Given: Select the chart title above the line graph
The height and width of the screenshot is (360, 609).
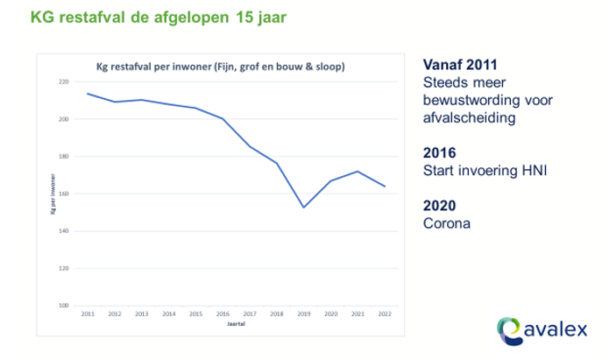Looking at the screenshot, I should tap(219, 67).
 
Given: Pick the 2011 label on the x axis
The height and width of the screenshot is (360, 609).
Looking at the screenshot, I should tap(88, 314).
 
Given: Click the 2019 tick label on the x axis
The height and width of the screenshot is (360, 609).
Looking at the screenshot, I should tap(303, 314).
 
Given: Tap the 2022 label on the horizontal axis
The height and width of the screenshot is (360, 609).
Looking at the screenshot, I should tap(384, 314).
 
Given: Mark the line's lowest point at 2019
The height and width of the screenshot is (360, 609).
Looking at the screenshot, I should tap(303, 207).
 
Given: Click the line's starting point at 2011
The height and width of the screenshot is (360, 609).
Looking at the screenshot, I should tap(88, 93).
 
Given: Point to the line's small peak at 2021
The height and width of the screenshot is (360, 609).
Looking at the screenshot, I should tap(357, 171).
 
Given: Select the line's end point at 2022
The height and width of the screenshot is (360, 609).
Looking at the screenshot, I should tap(384, 186).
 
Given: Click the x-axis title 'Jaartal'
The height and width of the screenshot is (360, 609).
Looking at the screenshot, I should tap(236, 324).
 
